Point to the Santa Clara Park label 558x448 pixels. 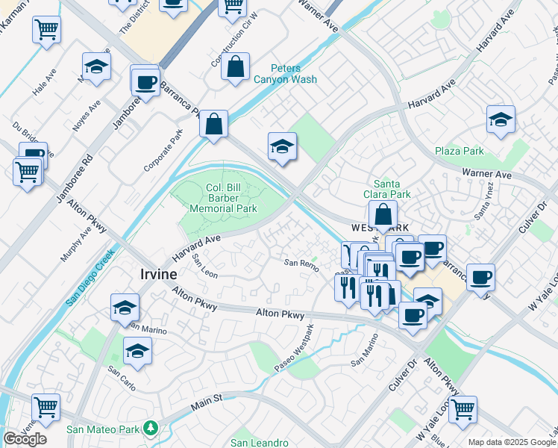point(392,189)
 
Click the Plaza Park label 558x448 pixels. point(460,151)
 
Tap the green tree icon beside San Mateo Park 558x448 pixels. point(152,429)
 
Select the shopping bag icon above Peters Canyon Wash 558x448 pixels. point(236,66)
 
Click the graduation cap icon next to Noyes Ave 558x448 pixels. point(96,68)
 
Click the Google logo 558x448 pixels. point(25,439)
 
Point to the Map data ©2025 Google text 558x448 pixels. point(512,442)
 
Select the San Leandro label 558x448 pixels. point(260,443)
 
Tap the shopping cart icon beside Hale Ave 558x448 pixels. point(46,31)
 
